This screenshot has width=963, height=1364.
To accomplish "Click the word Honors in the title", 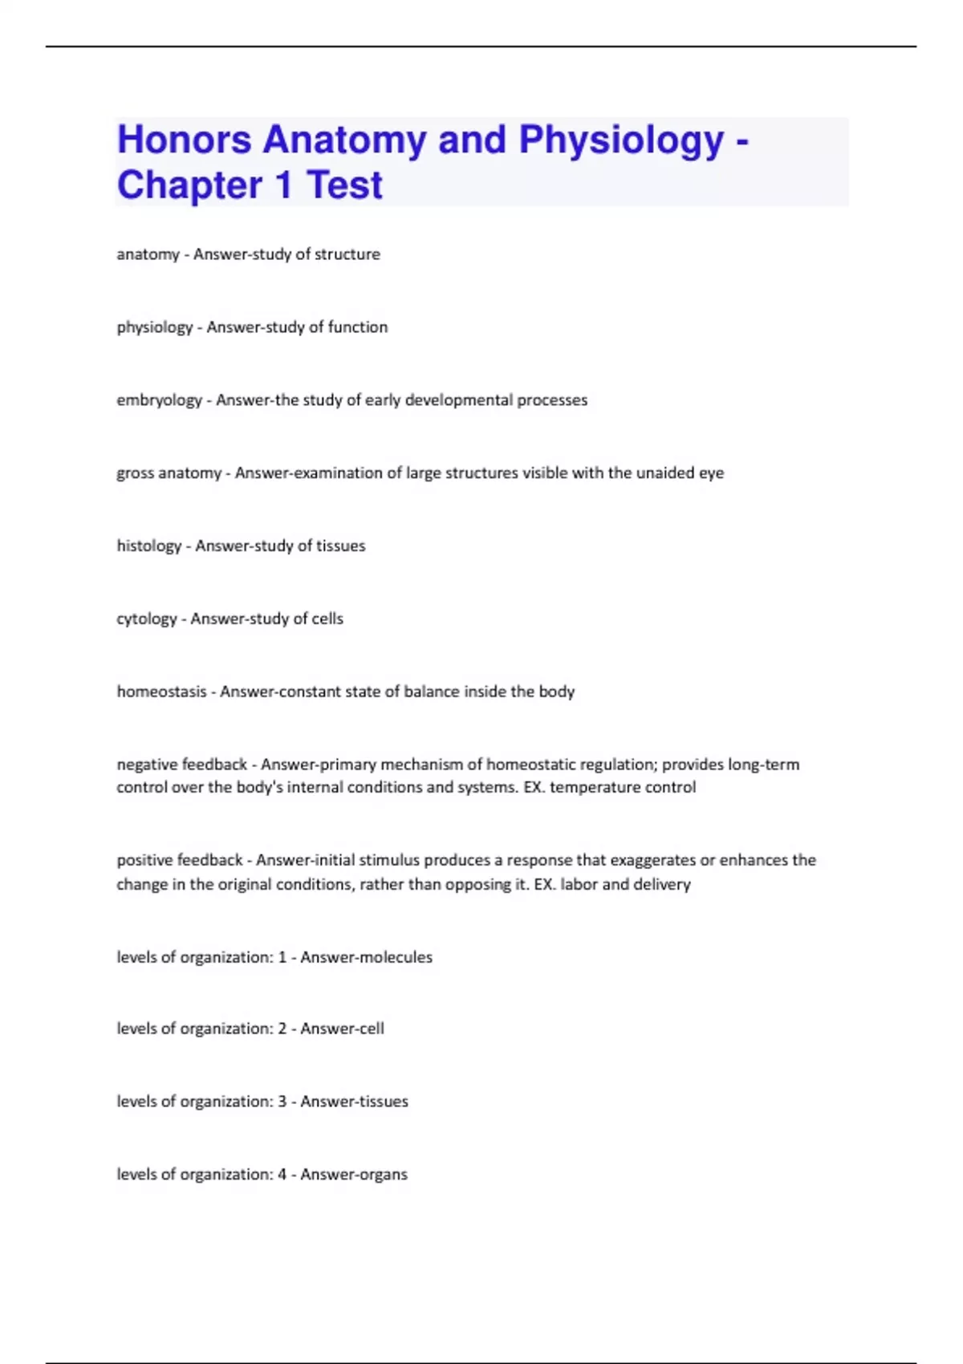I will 185,140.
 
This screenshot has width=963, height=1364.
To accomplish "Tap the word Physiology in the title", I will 621,140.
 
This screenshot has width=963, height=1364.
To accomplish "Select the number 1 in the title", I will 282,185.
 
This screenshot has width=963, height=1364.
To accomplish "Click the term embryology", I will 159,400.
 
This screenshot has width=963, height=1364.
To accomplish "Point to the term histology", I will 149,546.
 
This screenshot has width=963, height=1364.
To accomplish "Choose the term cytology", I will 147,619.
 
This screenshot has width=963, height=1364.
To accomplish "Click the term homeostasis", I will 161,692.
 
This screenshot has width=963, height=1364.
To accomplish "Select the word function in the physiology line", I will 358,327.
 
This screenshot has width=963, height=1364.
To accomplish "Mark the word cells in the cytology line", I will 327,619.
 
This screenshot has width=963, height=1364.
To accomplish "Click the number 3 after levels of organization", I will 282,1102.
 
